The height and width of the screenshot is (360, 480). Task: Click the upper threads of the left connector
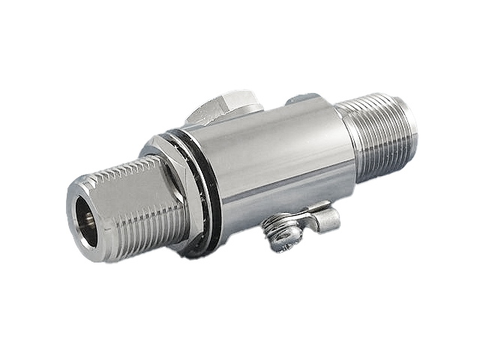pos(120,169)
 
